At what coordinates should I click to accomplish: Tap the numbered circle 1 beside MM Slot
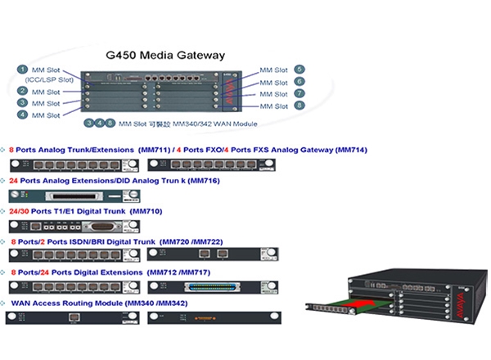coord(25,70)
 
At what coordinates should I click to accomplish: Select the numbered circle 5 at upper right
coord(300,70)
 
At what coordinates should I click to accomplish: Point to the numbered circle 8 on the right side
coord(300,106)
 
